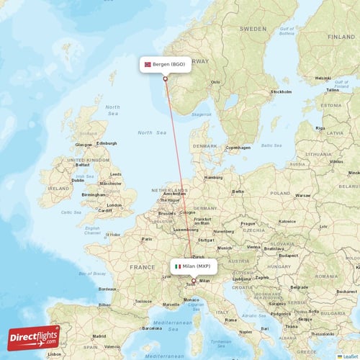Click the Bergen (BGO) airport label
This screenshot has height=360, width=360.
(x=166, y=64)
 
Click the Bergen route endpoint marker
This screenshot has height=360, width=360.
(x=166, y=78)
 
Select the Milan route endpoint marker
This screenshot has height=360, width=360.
(x=193, y=280)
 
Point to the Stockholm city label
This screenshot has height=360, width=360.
(x=280, y=91)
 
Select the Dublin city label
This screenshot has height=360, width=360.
(x=78, y=181)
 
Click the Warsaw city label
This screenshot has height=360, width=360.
(x=302, y=194)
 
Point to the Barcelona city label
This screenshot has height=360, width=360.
(x=151, y=327)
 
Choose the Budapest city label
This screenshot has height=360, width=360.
(x=289, y=255)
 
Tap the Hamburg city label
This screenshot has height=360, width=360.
(x=213, y=177)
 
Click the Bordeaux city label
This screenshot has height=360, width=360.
(x=108, y=288)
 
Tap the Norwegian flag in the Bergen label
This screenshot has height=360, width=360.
(x=149, y=64)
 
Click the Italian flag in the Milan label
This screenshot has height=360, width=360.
(x=178, y=266)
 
